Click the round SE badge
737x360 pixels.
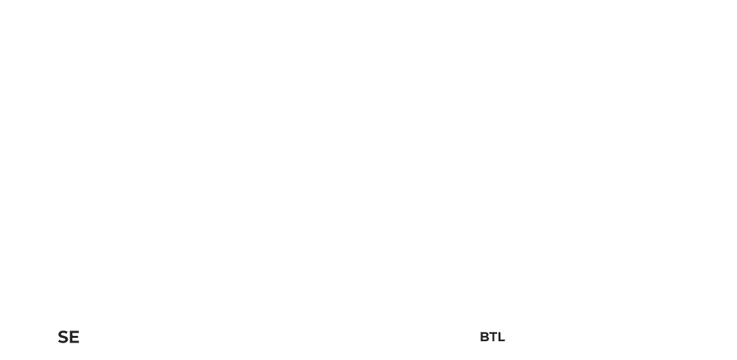tap(68, 337)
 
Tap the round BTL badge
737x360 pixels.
tap(491, 337)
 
